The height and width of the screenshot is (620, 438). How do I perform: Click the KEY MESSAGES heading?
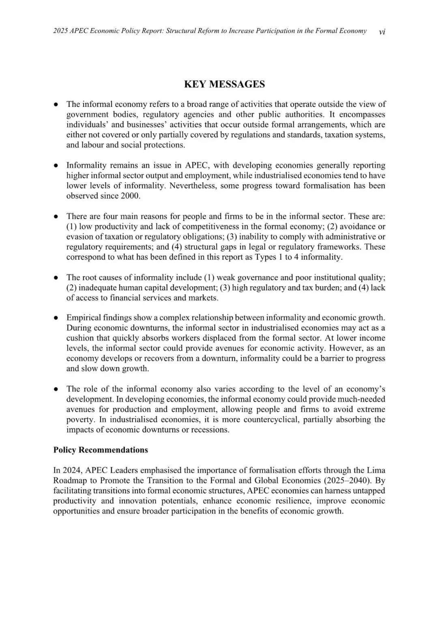pos(224,84)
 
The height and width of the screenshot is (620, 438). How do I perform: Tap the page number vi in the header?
pos(382,32)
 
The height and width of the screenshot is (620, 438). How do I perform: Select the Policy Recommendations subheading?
pos(101,450)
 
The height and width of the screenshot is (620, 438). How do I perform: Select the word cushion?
pos(79,338)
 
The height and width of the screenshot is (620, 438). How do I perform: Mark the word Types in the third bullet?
pos(265,257)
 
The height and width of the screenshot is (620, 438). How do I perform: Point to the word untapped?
pos(369,490)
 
